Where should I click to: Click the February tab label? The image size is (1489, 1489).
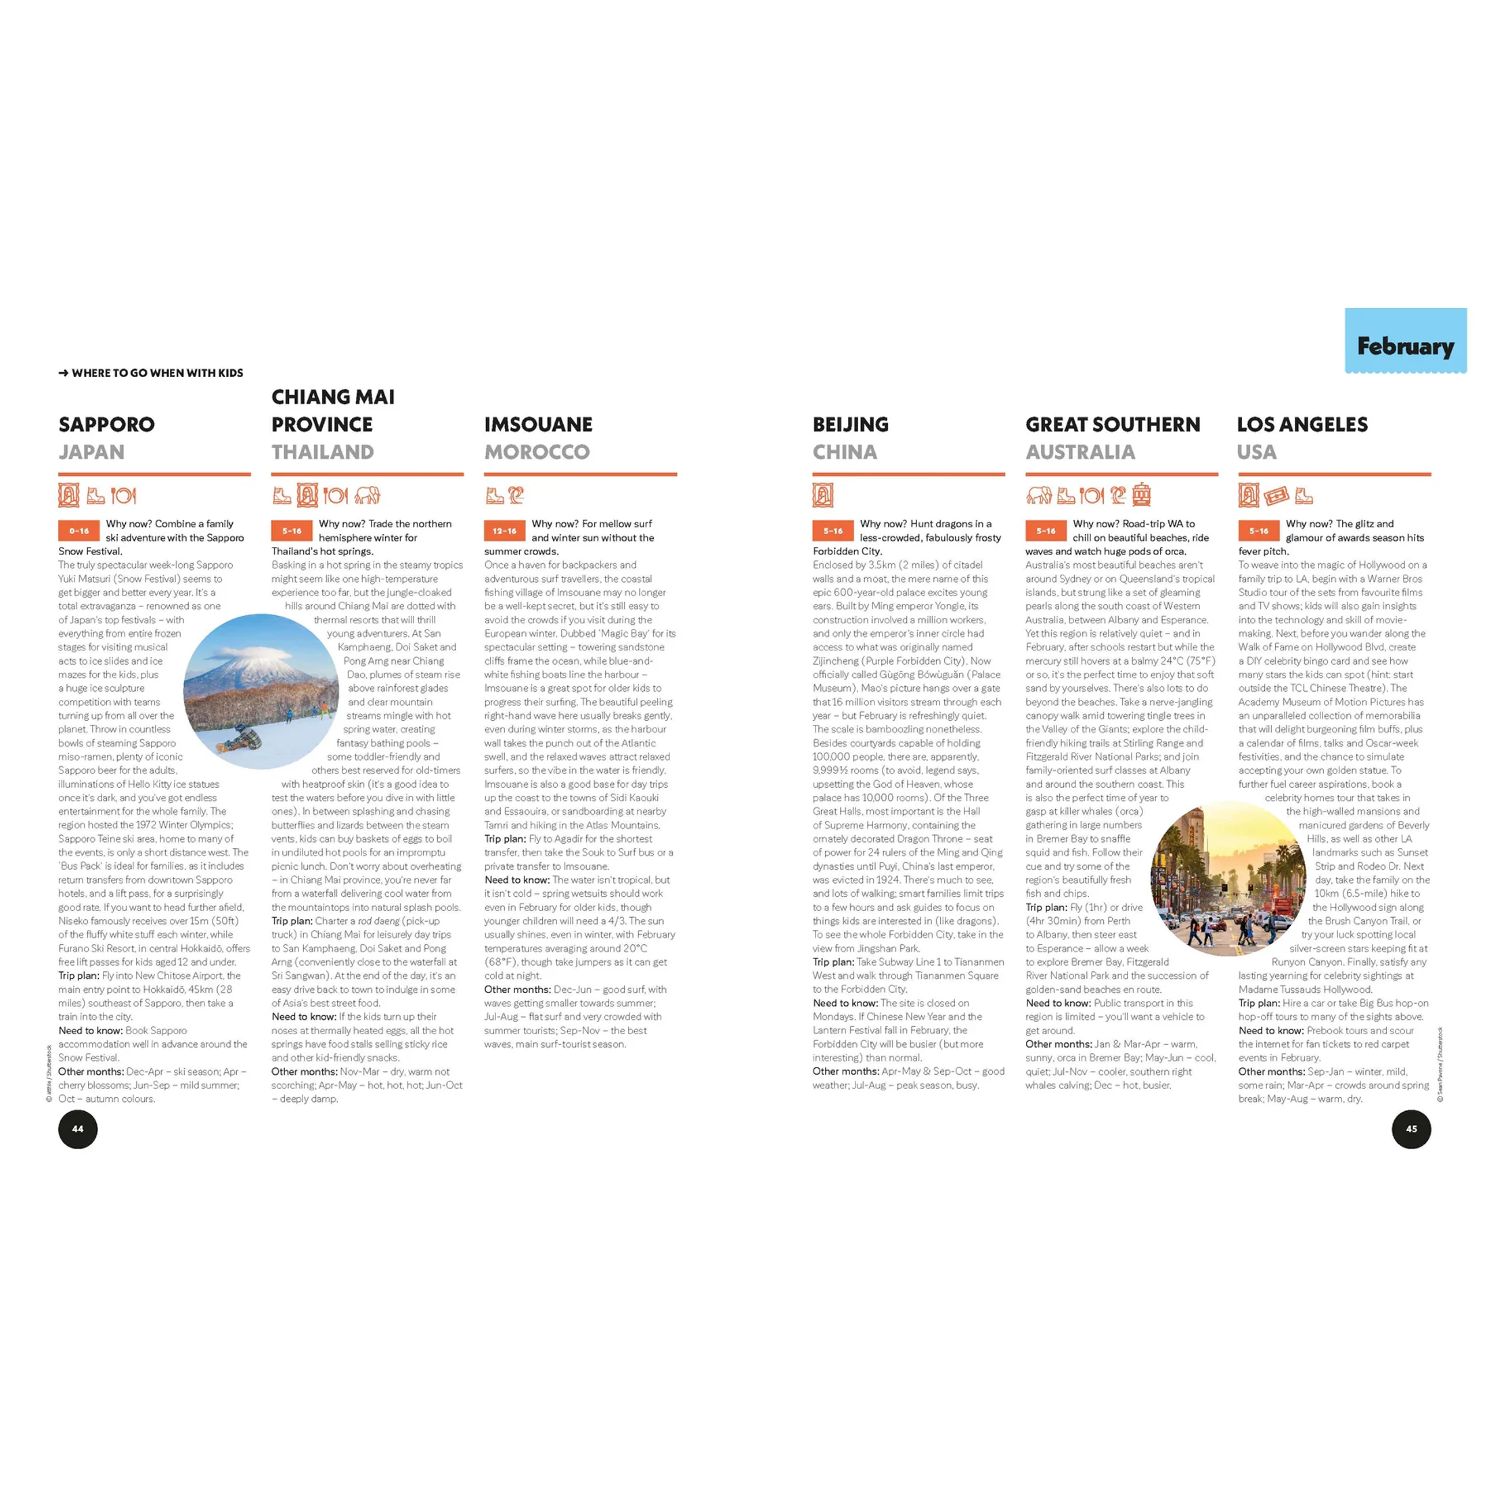pyautogui.click(x=1405, y=346)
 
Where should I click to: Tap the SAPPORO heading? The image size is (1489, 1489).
pyautogui.click(x=106, y=424)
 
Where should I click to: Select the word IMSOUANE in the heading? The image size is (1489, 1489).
pyautogui.click(x=538, y=424)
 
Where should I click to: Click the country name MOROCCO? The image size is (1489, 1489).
pyautogui.click(x=537, y=452)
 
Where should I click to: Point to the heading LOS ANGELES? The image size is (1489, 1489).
pyautogui.click(x=1302, y=424)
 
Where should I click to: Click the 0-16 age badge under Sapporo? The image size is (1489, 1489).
pyautogui.click(x=79, y=531)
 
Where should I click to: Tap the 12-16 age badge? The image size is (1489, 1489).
pyautogui.click(x=504, y=531)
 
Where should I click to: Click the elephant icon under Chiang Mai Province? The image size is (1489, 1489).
pyautogui.click(x=368, y=495)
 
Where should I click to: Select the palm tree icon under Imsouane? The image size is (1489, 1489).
pyautogui.click(x=516, y=495)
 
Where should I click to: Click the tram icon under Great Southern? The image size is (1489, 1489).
pyautogui.click(x=1141, y=495)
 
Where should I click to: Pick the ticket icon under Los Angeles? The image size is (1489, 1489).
pyautogui.click(x=1276, y=495)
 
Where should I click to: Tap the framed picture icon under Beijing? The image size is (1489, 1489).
pyautogui.click(x=822, y=495)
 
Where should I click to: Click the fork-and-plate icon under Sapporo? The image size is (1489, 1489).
pyautogui.click(x=123, y=495)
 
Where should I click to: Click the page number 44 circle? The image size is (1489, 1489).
pyautogui.click(x=78, y=1129)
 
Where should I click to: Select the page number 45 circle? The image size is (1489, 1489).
pyautogui.click(x=1411, y=1129)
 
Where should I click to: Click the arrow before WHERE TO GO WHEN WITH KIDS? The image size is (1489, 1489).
pyautogui.click(x=63, y=374)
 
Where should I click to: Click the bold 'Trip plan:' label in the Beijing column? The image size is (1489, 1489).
pyautogui.click(x=832, y=962)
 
